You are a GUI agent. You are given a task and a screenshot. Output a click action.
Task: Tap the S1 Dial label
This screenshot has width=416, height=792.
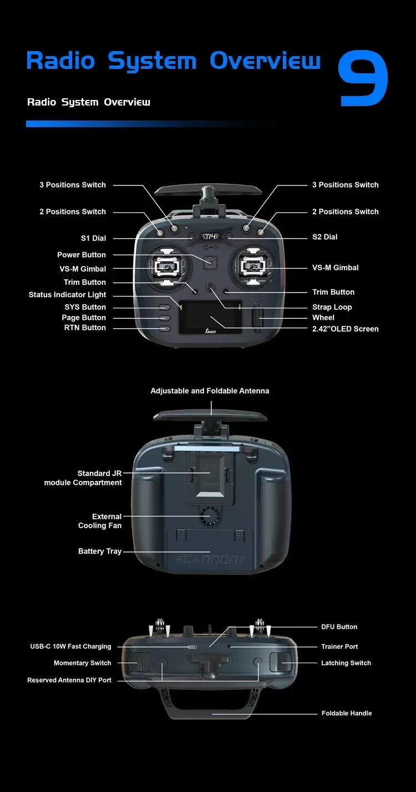(93, 238)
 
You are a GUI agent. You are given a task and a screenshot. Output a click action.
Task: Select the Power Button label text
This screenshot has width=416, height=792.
(82, 255)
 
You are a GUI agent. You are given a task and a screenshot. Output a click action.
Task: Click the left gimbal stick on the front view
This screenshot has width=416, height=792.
(164, 267)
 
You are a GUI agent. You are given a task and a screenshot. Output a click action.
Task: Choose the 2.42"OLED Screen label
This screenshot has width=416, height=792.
(345, 329)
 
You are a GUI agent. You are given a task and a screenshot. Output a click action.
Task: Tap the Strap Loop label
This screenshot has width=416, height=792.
(332, 307)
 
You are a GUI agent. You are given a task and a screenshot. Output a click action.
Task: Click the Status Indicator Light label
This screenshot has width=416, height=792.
(67, 295)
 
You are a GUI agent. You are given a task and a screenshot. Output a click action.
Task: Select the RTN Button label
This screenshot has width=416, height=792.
(85, 328)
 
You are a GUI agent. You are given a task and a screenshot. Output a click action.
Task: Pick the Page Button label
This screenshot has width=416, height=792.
(84, 318)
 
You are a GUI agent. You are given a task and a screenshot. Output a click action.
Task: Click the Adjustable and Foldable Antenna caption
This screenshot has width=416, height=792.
(210, 391)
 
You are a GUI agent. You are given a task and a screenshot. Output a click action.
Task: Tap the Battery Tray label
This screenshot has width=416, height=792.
(100, 552)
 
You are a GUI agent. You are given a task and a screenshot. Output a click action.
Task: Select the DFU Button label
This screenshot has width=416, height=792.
(339, 627)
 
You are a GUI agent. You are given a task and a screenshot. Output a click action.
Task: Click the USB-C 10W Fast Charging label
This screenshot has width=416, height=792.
(70, 646)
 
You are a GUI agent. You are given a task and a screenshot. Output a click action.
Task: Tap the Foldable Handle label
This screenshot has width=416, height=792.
(347, 713)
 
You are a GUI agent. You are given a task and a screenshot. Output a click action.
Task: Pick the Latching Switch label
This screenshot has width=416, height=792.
(346, 663)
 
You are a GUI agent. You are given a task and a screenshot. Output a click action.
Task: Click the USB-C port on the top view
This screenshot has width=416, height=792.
(192, 648)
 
